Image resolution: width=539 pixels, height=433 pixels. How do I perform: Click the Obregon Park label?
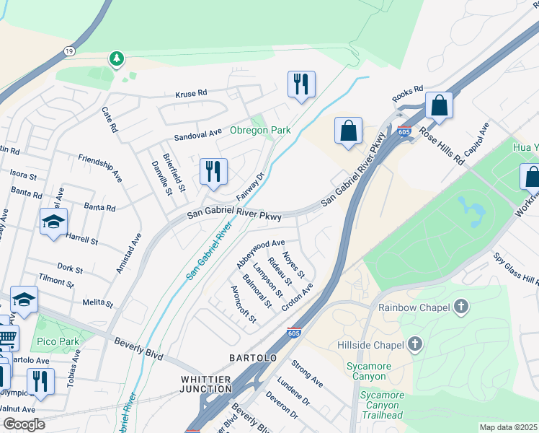click(260, 131)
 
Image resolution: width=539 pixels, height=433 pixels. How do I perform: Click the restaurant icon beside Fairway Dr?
click(213, 172)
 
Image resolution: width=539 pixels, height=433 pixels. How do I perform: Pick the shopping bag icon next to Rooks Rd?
click(438, 105)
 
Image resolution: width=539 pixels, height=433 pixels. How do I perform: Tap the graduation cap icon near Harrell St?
click(53, 222)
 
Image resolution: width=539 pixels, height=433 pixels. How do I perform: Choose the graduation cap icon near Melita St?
click(24, 299)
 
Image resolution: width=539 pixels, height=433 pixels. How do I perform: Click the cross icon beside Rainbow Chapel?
click(462, 307)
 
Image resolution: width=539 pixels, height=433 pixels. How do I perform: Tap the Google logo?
click(24, 424)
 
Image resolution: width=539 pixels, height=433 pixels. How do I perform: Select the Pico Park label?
click(63, 341)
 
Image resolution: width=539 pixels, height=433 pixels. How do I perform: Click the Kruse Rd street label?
click(191, 94)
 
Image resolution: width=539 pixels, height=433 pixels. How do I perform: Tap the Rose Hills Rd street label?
click(442, 144)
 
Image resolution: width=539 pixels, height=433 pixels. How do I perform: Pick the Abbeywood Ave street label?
click(261, 249)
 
